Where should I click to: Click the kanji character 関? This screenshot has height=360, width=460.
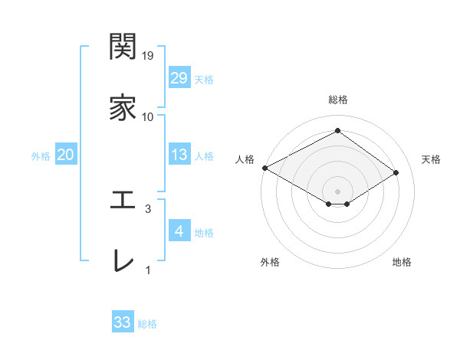(123, 47)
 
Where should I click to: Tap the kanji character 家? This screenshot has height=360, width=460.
(123, 108)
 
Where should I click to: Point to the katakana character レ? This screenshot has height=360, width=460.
(123, 260)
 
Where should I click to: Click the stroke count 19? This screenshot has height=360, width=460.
(148, 56)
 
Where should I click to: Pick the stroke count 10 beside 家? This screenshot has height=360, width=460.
(148, 116)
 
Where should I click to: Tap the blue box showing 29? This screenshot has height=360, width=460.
(179, 78)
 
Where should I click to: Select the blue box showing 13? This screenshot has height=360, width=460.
(179, 155)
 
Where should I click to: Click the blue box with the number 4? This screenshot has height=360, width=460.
(179, 231)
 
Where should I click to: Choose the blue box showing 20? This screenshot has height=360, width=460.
(66, 155)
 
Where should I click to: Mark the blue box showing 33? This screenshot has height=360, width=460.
(123, 322)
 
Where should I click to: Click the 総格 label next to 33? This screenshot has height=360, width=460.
(147, 324)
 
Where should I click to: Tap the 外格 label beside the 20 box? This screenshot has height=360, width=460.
(41, 156)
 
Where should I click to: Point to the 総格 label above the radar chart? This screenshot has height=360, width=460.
(337, 100)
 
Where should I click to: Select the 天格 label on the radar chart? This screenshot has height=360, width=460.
(431, 159)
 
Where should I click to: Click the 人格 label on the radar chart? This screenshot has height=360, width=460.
(245, 159)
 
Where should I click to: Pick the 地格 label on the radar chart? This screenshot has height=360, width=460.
(402, 262)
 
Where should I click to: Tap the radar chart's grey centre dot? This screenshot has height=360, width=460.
(337, 190)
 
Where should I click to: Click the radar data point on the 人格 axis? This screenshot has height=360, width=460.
(264, 168)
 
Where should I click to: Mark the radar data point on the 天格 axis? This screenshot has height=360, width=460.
(396, 172)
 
